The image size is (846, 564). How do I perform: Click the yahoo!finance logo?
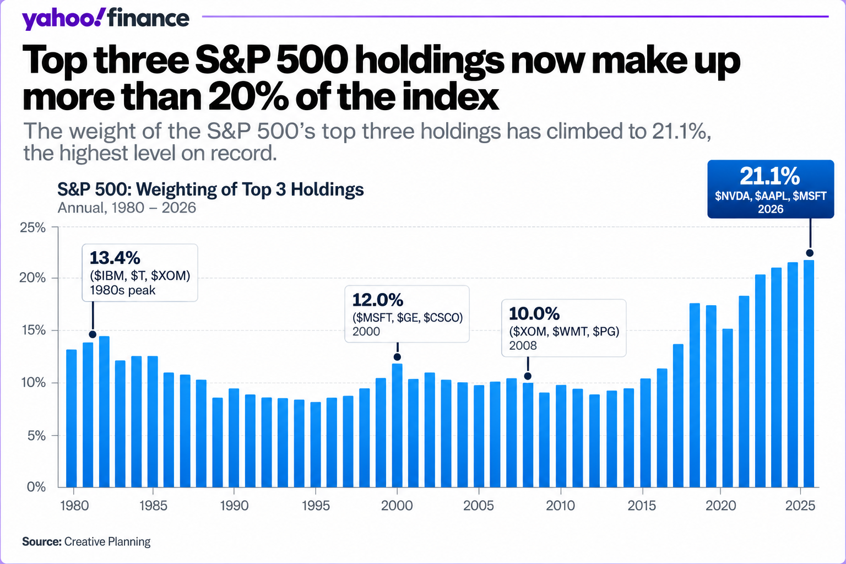[x=105, y=19]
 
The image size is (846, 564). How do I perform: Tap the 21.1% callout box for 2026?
[x=771, y=189]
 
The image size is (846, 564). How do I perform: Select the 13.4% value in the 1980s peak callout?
[x=115, y=258]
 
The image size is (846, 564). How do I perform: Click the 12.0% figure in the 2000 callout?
[x=378, y=300]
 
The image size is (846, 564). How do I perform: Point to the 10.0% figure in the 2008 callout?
[x=534, y=313]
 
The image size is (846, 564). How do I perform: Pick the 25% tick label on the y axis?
[x=32, y=227]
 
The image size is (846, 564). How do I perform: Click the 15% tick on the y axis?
[x=32, y=330]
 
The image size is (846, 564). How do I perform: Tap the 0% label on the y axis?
[x=36, y=486]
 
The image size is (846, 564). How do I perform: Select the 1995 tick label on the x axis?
[x=316, y=506]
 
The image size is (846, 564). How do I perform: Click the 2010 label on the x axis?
[x=561, y=506]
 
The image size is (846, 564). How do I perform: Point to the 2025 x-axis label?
[x=800, y=506]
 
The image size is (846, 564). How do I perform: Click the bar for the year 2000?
[x=397, y=425]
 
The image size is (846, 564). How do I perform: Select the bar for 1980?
[x=72, y=418]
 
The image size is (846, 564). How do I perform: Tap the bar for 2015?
[x=646, y=432]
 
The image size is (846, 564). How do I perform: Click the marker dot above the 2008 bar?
[x=528, y=376]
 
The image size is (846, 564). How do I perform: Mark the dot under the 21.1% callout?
[x=809, y=253]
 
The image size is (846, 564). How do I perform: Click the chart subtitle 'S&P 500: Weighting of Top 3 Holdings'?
[x=210, y=189]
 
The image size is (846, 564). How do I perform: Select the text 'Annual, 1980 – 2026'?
[x=127, y=208]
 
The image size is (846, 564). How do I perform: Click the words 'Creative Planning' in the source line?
[x=107, y=542]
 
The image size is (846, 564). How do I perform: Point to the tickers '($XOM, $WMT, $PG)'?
[x=564, y=332]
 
